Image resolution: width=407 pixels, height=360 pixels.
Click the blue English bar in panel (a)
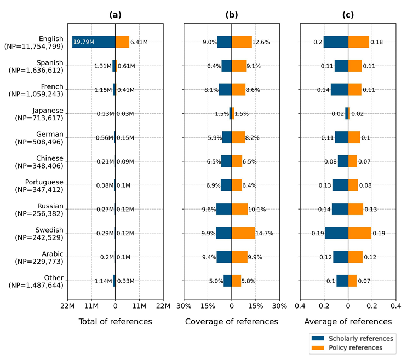[x=94, y=42]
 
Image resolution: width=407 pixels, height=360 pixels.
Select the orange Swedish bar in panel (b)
[x=243, y=233]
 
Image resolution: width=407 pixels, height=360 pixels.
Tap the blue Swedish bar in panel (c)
[x=336, y=233]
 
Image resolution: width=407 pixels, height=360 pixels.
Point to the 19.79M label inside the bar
[x=84, y=42]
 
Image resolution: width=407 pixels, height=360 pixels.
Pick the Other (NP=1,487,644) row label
[x=39, y=281]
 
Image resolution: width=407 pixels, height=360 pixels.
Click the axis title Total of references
[x=115, y=322]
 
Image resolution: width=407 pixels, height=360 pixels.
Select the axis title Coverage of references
[x=232, y=322]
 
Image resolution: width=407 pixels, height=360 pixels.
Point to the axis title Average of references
[x=348, y=322]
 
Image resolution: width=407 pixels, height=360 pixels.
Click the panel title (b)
[x=232, y=15]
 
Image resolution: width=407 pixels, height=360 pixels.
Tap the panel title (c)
[x=348, y=15]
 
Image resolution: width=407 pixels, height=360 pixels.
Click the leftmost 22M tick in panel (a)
[x=67, y=305]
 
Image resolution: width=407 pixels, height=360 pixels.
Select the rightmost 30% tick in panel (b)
[x=279, y=305]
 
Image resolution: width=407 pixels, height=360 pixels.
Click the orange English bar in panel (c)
[x=359, y=42]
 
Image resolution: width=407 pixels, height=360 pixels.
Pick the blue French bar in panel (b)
[x=225, y=90]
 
